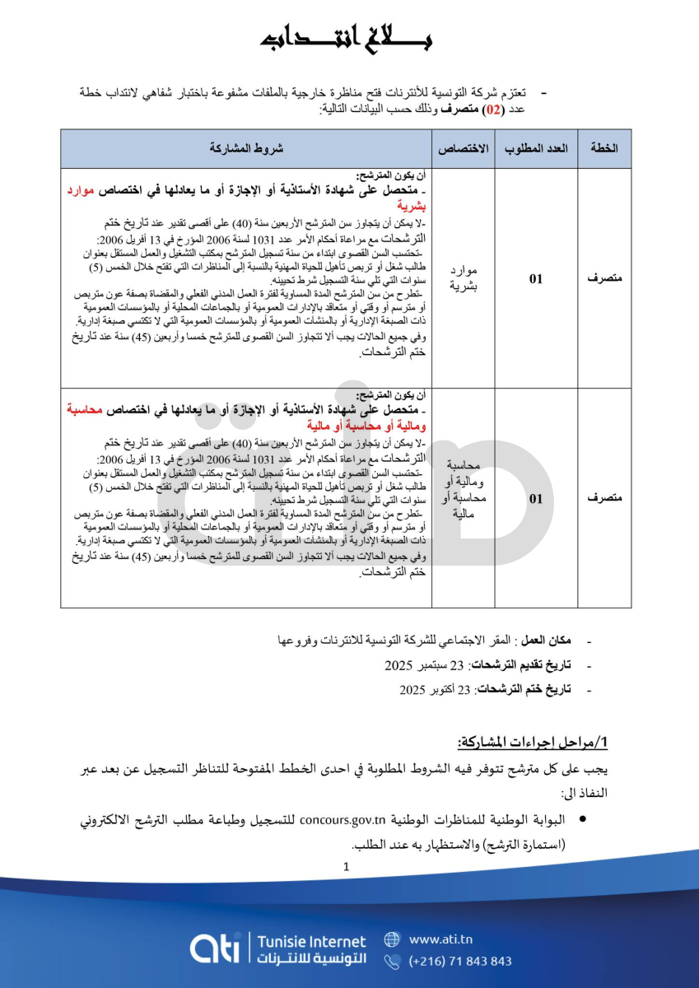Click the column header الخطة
point(603,148)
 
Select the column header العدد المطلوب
point(535,148)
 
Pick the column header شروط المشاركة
point(247,148)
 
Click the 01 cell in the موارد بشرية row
point(536,278)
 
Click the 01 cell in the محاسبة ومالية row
point(536,498)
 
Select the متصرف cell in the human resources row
point(604,278)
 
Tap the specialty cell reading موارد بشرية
point(464,278)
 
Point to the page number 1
point(347,865)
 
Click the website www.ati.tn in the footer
point(440,939)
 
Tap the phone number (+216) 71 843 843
point(459,961)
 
